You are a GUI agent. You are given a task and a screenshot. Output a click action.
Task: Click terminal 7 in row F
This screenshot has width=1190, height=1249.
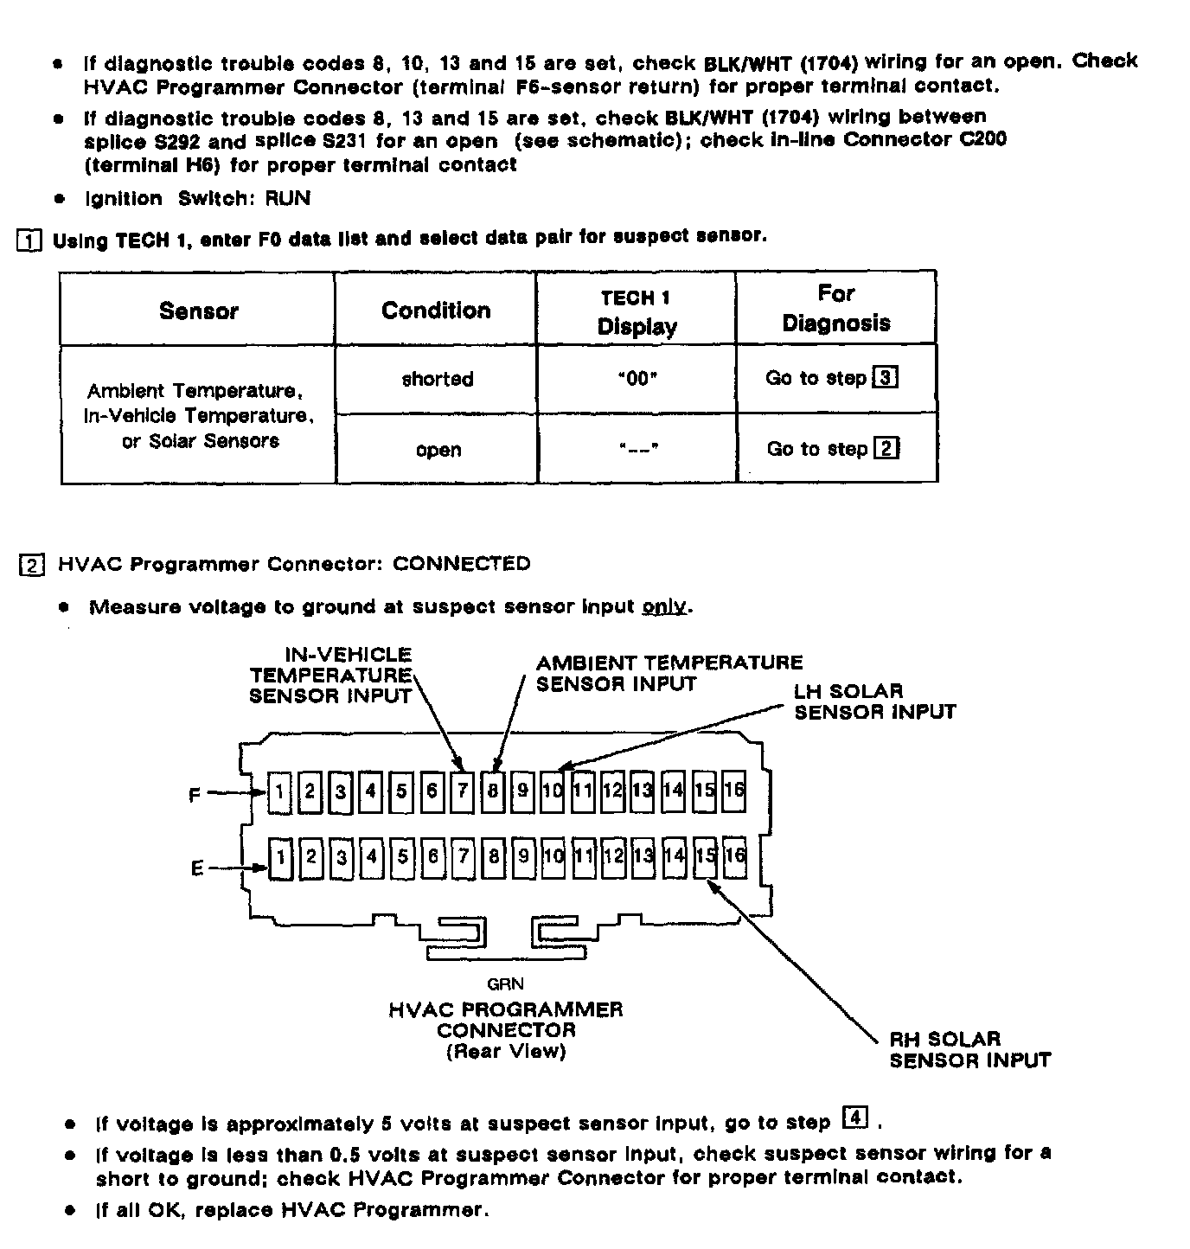(x=463, y=791)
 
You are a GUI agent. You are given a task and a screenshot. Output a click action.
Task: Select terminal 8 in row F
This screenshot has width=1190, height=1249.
(x=493, y=791)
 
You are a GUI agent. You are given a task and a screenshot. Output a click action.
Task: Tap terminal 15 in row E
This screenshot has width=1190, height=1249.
(x=706, y=856)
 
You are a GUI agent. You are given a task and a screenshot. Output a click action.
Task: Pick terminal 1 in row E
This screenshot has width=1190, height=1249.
(x=280, y=858)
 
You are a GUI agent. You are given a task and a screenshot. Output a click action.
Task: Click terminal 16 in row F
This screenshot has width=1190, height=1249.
(x=734, y=791)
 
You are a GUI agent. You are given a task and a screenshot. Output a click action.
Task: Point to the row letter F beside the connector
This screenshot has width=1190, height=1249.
(x=195, y=794)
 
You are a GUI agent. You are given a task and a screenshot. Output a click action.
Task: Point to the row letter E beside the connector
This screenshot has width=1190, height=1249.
(x=197, y=868)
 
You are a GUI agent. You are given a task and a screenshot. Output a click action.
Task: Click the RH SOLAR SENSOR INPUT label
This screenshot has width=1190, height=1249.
(x=969, y=1049)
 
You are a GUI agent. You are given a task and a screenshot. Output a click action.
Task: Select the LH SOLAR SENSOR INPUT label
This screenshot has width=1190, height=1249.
(x=874, y=701)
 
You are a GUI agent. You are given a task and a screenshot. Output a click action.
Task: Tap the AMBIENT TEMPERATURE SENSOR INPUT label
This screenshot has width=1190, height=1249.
(x=669, y=673)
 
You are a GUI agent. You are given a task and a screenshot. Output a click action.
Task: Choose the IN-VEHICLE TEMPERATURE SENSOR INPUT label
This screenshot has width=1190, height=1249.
(x=330, y=676)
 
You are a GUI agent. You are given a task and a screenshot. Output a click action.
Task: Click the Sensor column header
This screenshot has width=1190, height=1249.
(x=198, y=311)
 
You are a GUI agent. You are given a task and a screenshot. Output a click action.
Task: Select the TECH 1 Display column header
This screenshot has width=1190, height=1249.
(x=636, y=312)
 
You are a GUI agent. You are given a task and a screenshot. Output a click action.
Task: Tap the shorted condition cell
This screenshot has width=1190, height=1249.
(x=437, y=379)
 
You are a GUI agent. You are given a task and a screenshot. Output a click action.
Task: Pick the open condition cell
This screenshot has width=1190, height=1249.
(x=438, y=450)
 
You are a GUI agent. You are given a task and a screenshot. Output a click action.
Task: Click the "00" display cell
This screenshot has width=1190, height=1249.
(x=637, y=379)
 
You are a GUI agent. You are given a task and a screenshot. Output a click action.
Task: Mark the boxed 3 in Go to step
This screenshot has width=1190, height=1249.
(x=886, y=378)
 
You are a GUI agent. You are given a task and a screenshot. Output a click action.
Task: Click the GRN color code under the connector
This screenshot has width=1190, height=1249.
(x=505, y=983)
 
